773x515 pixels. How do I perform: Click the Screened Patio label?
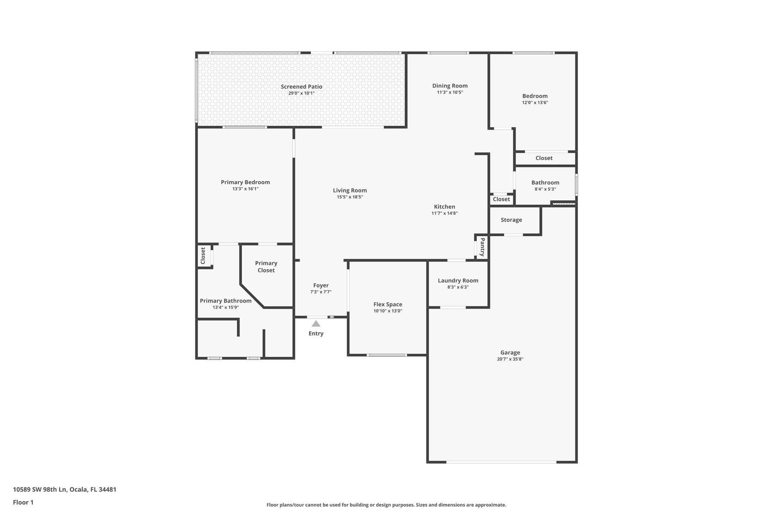(301, 87)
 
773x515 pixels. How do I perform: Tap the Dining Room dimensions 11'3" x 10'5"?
(450, 92)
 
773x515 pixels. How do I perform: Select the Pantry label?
(482, 247)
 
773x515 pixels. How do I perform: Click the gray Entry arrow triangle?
(316, 324)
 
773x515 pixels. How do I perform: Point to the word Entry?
(316, 334)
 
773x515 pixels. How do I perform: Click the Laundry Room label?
(458, 280)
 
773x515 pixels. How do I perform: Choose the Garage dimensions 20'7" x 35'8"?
(510, 359)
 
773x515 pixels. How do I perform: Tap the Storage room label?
(511, 220)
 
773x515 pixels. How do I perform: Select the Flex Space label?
(388, 304)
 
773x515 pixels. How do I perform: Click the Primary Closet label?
(266, 267)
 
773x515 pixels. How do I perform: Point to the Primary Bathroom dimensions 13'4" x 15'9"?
(225, 307)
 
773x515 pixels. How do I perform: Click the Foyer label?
(321, 286)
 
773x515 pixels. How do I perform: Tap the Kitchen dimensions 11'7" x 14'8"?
(444, 213)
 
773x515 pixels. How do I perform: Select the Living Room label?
(350, 191)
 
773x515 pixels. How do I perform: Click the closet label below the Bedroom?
(544, 158)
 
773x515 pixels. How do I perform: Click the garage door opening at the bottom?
(501, 462)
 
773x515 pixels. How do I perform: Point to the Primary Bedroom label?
(245, 182)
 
